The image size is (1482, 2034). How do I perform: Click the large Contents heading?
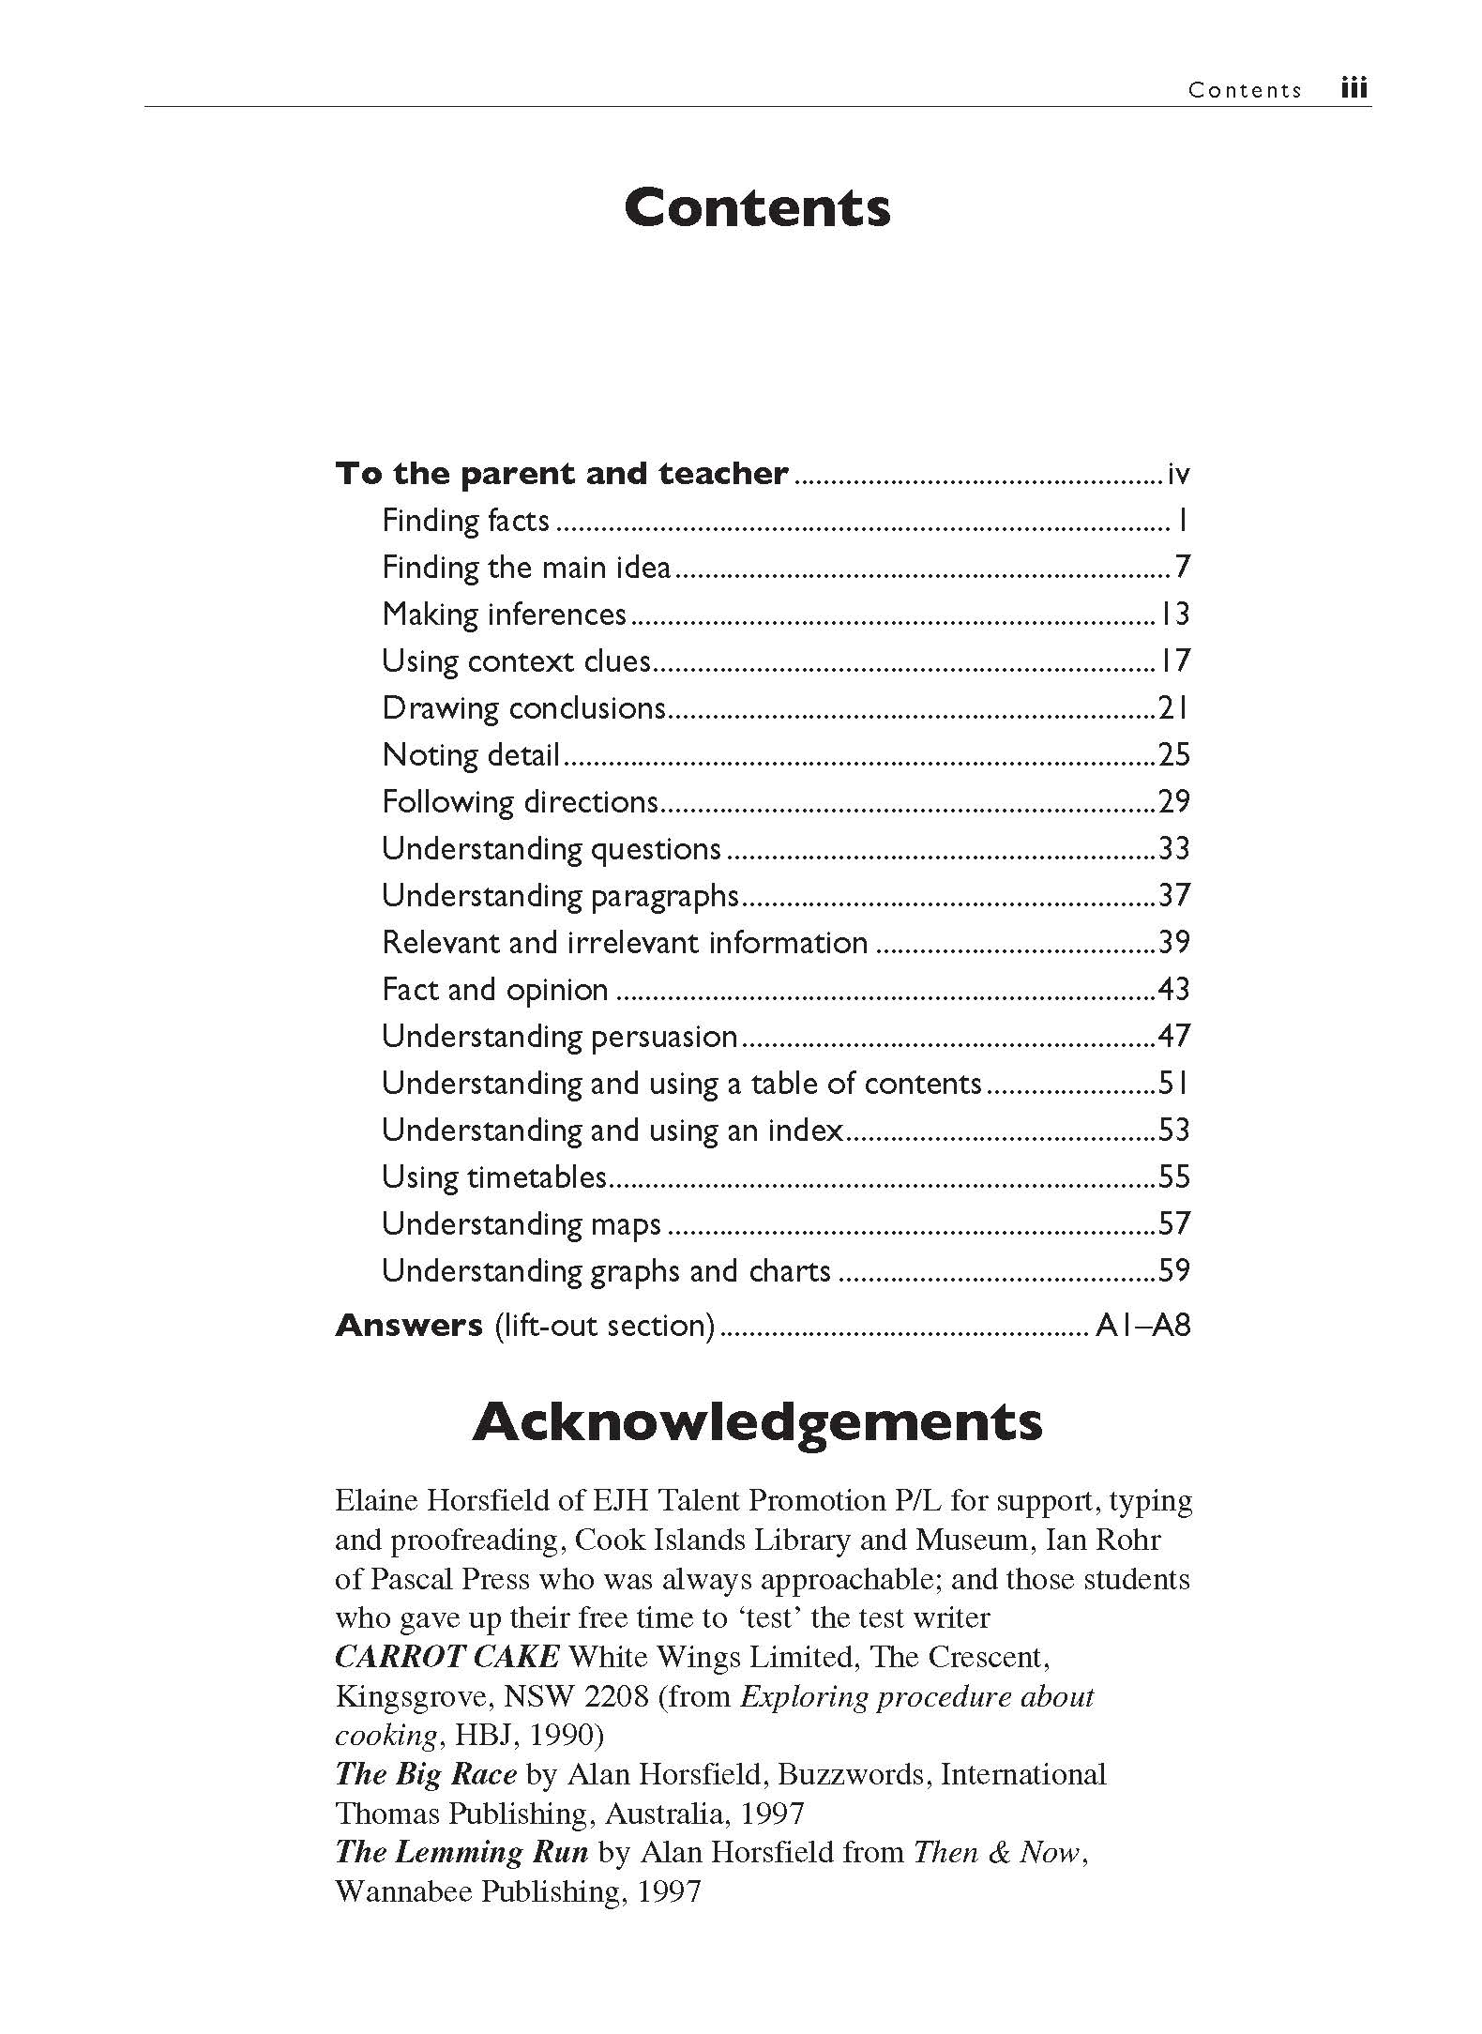(x=757, y=207)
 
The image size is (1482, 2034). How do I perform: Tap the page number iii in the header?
(x=1353, y=89)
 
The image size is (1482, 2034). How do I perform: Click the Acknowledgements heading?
(x=757, y=1421)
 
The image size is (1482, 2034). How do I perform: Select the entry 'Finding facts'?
(x=465, y=520)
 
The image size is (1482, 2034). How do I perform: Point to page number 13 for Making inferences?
(x=1174, y=614)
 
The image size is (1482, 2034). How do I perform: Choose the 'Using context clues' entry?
(x=516, y=660)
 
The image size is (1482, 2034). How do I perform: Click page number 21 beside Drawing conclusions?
(x=1174, y=707)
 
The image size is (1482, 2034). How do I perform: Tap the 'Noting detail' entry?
(x=471, y=754)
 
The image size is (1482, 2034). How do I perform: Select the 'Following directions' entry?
(x=521, y=801)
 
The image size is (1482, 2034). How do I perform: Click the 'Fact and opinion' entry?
(x=495, y=989)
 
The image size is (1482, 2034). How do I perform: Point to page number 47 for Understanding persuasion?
(x=1174, y=1036)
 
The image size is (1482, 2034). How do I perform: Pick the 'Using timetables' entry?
(x=494, y=1176)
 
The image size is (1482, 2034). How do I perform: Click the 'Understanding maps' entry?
(x=522, y=1223)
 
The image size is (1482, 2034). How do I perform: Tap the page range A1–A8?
(x=1142, y=1325)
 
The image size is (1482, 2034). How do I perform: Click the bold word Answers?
(x=409, y=1325)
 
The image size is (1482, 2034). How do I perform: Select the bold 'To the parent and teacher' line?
(x=562, y=473)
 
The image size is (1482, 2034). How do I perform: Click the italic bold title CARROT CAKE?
(x=447, y=1656)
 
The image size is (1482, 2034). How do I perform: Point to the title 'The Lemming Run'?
(x=461, y=1851)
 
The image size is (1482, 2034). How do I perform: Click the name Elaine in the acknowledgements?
(x=376, y=1500)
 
